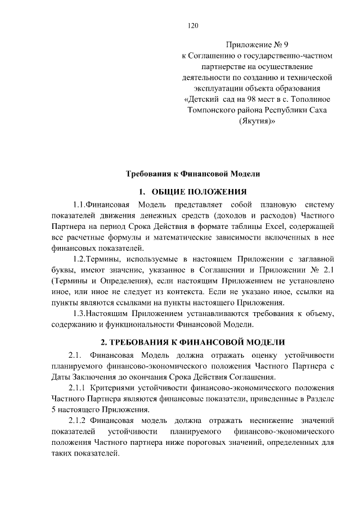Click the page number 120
(x=194, y=25)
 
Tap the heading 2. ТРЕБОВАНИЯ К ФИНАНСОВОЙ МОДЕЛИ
(x=192, y=342)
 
